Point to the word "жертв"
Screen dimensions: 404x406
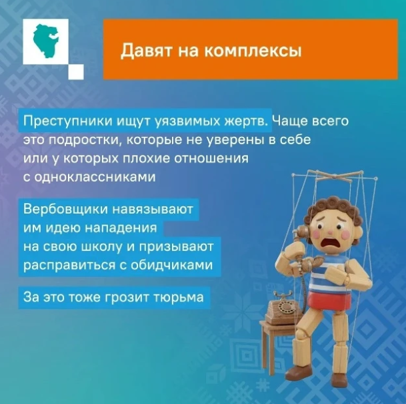point(246,123)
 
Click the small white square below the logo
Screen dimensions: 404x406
point(77,71)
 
